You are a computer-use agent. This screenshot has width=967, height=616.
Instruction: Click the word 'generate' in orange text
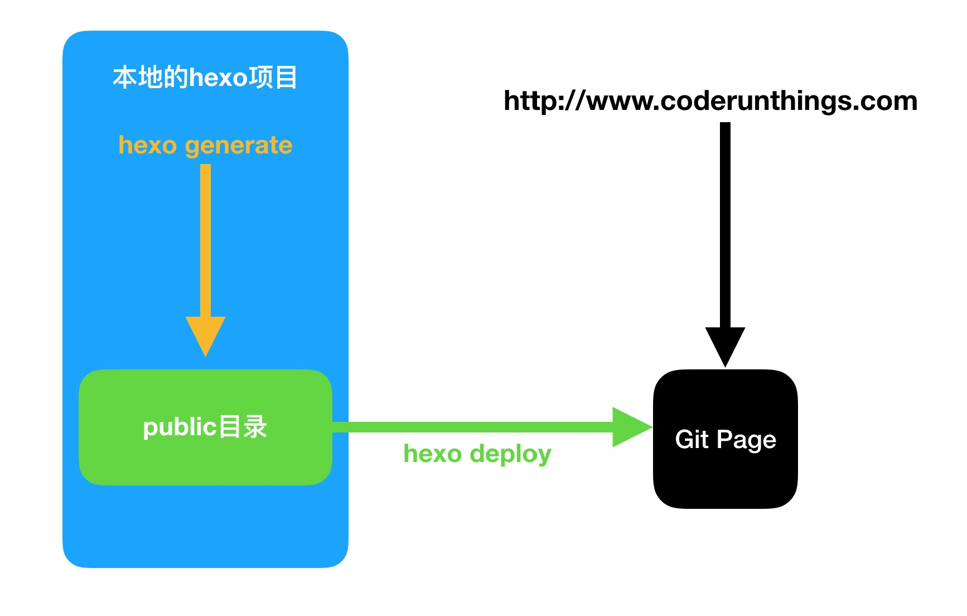pyautogui.click(x=239, y=146)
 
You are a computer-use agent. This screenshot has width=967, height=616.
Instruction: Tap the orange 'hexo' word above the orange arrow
pyautogui.click(x=147, y=145)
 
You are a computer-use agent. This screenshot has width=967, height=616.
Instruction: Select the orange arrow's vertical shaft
pyautogui.click(x=205, y=240)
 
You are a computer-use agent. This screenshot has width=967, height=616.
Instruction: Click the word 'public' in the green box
pyautogui.click(x=180, y=428)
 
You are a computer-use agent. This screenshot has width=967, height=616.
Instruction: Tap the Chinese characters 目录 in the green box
pyautogui.click(x=243, y=427)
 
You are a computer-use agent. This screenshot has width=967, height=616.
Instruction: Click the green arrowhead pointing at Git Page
pyautogui.click(x=630, y=427)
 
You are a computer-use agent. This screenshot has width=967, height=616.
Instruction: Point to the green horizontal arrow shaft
pyautogui.click(x=474, y=427)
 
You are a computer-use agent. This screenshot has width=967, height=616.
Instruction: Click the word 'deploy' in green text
pyautogui.click(x=510, y=455)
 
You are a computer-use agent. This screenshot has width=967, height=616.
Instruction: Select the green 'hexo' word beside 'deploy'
pyautogui.click(x=432, y=454)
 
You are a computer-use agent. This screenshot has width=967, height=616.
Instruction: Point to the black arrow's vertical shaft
pyautogui.click(x=725, y=223)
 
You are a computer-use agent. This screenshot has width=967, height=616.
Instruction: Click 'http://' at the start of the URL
pyautogui.click(x=544, y=102)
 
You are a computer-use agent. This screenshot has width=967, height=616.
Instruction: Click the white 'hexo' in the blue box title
pyautogui.click(x=218, y=78)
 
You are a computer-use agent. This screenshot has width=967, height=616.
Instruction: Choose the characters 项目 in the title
pyautogui.click(x=273, y=78)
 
